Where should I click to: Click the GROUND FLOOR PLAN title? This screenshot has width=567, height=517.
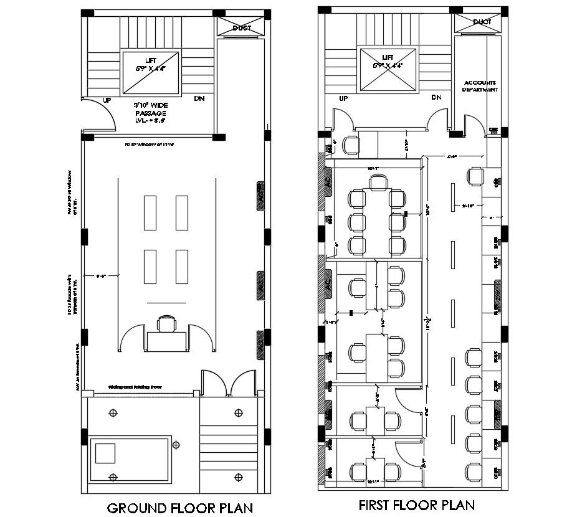click(181, 507)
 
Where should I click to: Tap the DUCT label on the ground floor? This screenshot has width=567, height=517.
click(242, 28)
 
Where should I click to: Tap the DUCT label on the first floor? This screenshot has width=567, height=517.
click(482, 22)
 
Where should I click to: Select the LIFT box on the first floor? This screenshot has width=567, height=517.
click(388, 69)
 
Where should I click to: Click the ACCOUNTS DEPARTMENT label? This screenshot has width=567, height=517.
click(480, 86)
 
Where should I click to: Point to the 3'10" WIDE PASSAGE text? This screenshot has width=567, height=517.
click(150, 109)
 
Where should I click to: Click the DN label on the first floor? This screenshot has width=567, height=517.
click(436, 97)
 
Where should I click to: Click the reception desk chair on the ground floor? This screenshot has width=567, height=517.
click(166, 324)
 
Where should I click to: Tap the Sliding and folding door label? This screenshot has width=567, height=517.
click(135, 387)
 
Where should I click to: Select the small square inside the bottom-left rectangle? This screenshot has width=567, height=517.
click(105, 452)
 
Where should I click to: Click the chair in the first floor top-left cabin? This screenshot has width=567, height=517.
click(352, 145)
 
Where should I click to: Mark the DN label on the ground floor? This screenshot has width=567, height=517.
click(199, 98)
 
